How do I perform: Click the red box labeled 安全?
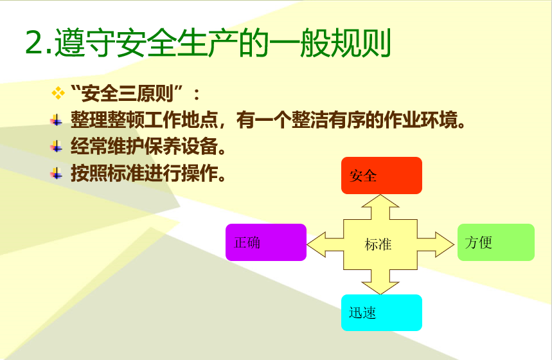[382, 175]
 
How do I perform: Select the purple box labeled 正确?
[266, 242]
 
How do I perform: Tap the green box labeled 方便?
[496, 242]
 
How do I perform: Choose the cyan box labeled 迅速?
[382, 313]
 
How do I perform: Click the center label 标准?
[378, 244]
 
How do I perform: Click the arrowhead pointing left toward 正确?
[316, 244]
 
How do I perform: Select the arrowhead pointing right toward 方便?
[445, 244]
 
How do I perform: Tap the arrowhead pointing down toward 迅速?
[380, 288]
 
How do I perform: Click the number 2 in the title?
[34, 42]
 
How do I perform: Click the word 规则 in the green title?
[361, 42]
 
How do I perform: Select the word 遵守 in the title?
[85, 42]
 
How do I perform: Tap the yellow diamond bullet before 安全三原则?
[58, 93]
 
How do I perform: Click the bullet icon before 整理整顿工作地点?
[57, 120]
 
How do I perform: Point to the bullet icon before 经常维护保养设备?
[57, 147]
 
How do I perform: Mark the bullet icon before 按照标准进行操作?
[57, 174]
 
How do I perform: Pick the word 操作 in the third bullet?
[200, 173]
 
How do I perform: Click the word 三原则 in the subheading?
[146, 93]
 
